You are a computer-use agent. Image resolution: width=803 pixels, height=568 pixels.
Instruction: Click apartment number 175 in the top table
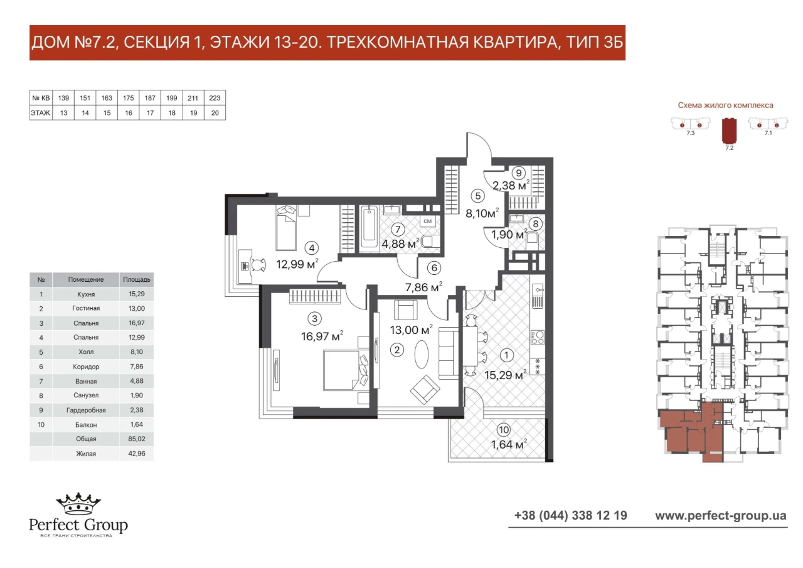coord(129,98)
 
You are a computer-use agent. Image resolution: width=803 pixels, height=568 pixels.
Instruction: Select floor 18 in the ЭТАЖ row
coord(172,113)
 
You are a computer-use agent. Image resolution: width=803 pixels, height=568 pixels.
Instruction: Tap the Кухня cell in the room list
coord(86,294)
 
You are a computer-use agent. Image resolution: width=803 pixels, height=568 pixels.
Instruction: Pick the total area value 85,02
coord(137,439)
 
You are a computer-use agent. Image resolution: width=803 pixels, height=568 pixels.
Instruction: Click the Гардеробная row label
coord(86,410)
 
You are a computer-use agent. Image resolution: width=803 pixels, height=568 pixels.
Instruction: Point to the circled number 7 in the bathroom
coord(398,229)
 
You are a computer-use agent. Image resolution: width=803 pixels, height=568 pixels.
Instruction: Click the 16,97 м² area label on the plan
coord(322,336)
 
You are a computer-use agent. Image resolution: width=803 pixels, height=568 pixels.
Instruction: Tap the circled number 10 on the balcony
coord(504,429)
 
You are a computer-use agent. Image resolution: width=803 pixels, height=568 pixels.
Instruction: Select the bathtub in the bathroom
coord(370,227)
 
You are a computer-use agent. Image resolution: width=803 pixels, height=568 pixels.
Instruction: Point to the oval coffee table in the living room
coord(421,353)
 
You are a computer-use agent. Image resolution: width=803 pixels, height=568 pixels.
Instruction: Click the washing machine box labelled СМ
coord(427,221)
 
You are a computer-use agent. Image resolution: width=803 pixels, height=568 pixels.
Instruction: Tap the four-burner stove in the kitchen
coord(538,337)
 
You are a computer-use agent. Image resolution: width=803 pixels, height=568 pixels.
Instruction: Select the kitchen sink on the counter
coord(538,296)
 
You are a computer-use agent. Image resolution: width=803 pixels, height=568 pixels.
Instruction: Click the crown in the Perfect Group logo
coord(78,503)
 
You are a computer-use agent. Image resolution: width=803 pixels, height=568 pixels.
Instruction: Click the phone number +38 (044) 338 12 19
coord(571,515)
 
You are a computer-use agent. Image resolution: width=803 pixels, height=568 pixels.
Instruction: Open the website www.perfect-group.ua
coord(721,516)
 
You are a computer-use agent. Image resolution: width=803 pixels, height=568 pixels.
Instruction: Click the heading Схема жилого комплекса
coord(725,105)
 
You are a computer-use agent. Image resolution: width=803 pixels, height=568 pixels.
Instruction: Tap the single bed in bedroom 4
coord(286,228)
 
